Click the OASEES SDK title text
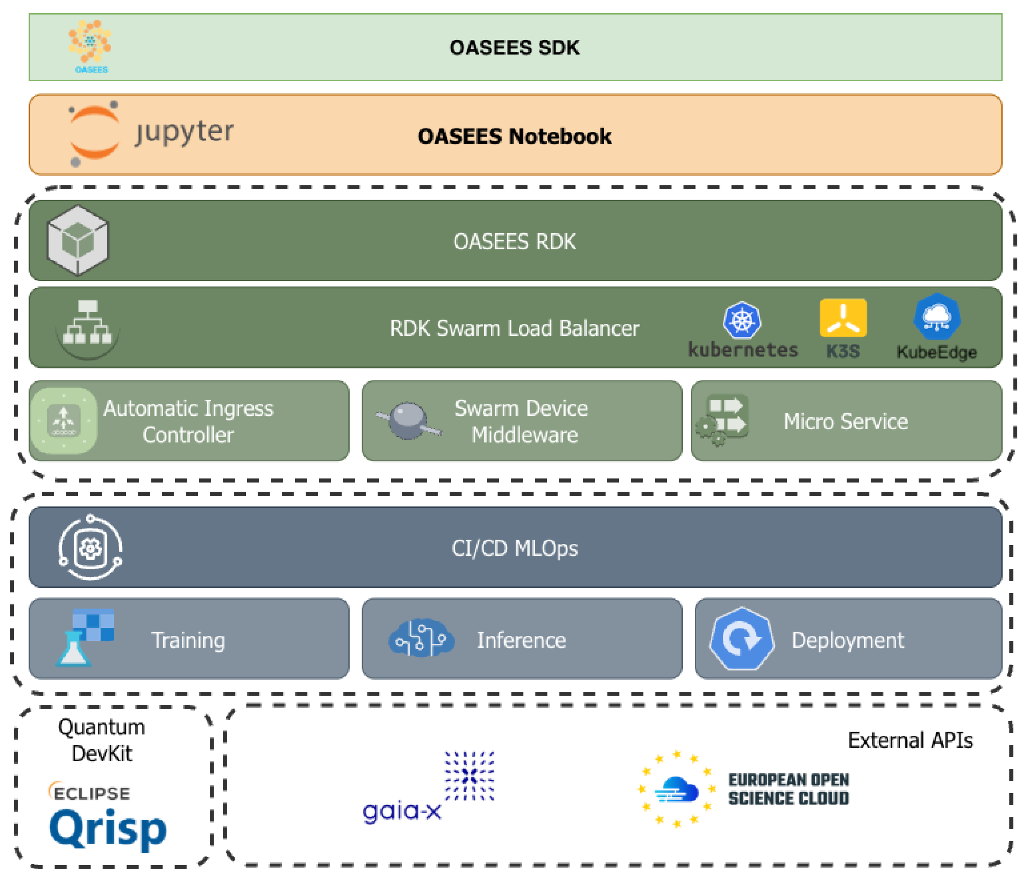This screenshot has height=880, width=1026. tap(514, 48)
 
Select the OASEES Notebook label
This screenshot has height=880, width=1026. tap(514, 136)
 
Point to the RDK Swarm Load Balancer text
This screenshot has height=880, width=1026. tap(514, 328)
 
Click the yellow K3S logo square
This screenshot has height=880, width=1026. tap(843, 318)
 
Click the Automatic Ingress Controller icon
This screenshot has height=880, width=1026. tap(63, 420)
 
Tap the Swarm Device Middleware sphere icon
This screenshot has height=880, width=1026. tap(408, 420)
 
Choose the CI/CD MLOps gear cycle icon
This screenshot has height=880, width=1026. tap(90, 548)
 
